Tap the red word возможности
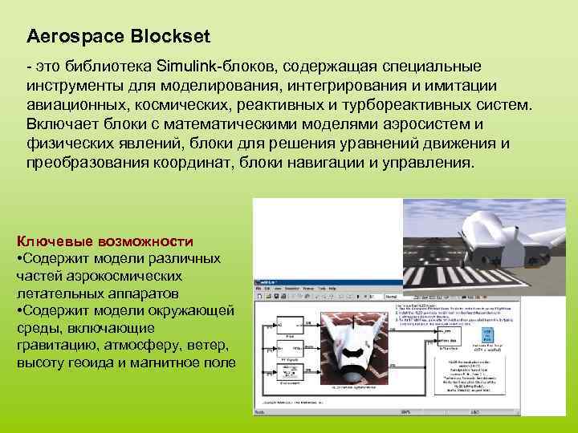[x=145, y=241]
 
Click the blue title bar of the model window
[x=321, y=283]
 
